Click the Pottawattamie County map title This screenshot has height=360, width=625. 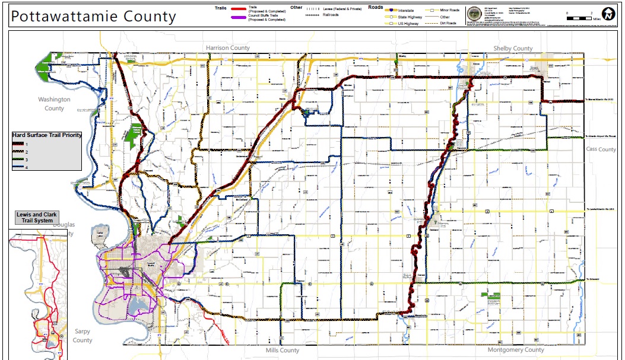pos(93,16)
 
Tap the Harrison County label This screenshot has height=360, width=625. pos(228,47)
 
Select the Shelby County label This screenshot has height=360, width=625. pos(513,48)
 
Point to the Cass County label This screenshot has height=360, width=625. pos(601,149)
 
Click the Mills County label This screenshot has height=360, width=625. pos(282,351)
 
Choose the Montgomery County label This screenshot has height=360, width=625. pos(516,350)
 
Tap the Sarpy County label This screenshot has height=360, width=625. pos(83,336)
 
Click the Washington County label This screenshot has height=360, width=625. pos(54,104)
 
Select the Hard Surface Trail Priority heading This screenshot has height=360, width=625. pos(47,135)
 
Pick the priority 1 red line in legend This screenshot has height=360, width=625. pos(18,144)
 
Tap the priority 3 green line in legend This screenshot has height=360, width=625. pos(18,160)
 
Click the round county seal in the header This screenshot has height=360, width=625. pos(475,14)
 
